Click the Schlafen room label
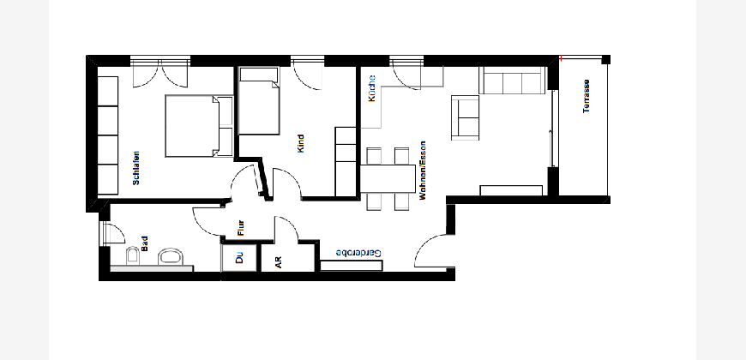coord(136,168)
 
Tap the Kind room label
coord(300,144)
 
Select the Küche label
coord(372,88)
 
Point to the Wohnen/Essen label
coord(423,171)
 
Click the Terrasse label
coord(587,96)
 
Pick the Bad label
coord(145,243)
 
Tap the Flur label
coord(241,228)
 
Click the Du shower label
coord(239,257)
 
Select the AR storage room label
coord(279,262)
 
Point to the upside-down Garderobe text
coord(358,253)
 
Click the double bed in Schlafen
coord(199,126)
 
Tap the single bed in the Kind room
coord(258,100)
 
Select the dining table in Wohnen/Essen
coord(388,178)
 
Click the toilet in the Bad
coord(132,255)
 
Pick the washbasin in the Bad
coord(171,256)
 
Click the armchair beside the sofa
coord(465,117)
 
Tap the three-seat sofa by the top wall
coord(512,81)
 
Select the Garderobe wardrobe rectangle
coord(351,266)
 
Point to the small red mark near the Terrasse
coord(562,58)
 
